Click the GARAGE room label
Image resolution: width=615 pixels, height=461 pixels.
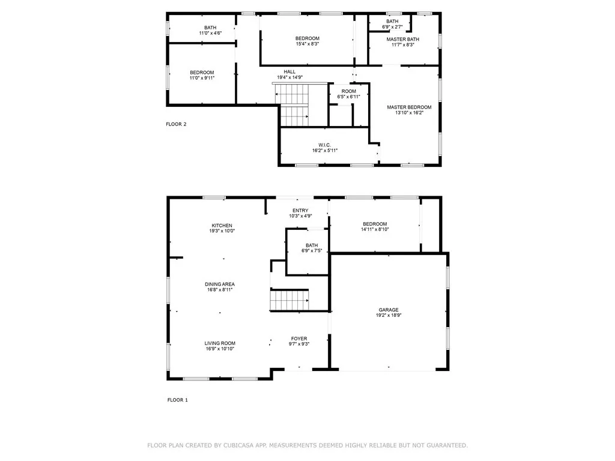tap(389, 310)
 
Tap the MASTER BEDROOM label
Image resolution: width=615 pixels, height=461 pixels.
tap(409, 107)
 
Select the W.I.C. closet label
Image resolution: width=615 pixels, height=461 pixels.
tap(325, 145)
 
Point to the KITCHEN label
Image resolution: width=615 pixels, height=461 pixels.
tap(222, 226)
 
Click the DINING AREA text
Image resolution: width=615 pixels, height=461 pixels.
tap(220, 284)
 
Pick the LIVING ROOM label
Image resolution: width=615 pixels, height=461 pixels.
tap(220, 343)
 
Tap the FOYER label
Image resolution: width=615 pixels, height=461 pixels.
tap(299, 339)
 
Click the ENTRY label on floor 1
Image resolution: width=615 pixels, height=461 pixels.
tap(300, 211)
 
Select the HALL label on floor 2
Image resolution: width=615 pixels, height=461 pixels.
tap(289, 72)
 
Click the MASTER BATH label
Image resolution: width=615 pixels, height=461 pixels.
tap(403, 39)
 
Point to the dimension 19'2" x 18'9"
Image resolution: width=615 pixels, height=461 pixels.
tap(389, 315)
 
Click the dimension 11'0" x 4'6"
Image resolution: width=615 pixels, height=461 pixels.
tap(210, 34)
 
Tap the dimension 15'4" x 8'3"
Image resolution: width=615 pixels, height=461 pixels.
tap(307, 44)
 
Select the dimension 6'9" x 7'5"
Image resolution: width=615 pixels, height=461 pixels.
tap(312, 251)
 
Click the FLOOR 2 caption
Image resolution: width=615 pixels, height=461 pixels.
tap(176, 124)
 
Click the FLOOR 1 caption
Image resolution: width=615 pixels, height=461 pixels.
tap(178, 400)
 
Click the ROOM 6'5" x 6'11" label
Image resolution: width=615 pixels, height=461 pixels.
tap(349, 94)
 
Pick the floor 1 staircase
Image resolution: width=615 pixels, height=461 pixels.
tap(289, 300)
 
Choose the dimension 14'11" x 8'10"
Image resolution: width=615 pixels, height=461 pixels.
tap(375, 229)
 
